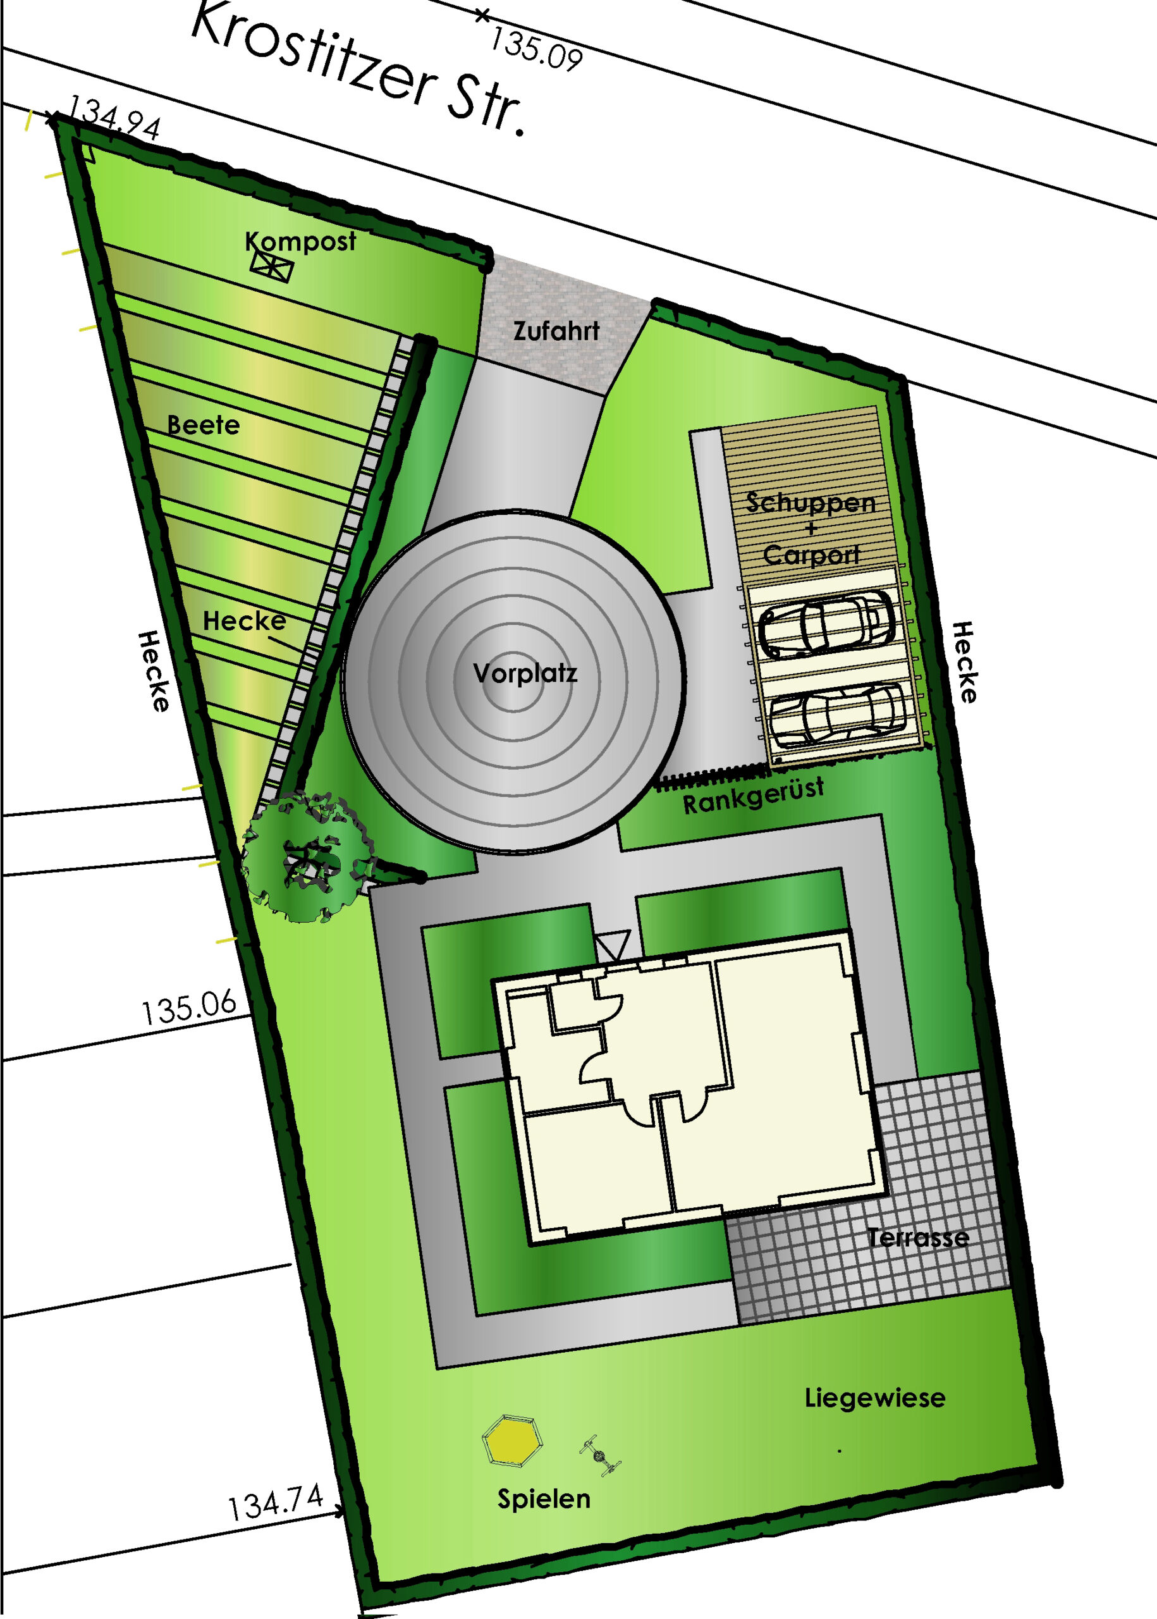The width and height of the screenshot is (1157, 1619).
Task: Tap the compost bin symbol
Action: [271, 266]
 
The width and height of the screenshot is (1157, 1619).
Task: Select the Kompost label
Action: [300, 242]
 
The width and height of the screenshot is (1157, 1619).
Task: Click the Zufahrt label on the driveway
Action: [556, 331]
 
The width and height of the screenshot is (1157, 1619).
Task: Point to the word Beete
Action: [203, 426]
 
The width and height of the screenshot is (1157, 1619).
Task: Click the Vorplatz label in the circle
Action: [525, 673]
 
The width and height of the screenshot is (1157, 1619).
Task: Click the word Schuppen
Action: [811, 503]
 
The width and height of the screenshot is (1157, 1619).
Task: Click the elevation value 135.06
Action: [189, 1007]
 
